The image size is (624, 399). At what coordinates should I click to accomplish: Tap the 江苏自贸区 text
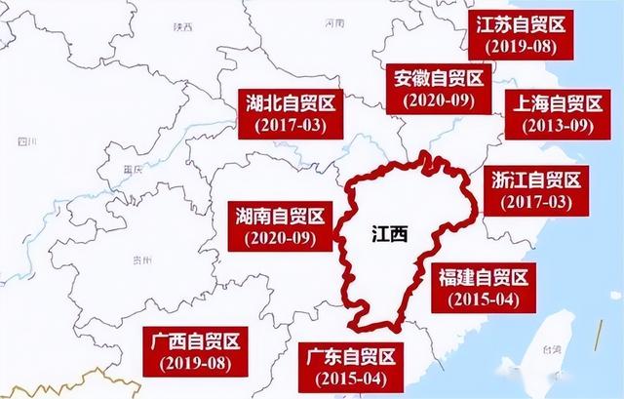[522, 23]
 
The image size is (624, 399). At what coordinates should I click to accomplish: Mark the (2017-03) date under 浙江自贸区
[532, 202]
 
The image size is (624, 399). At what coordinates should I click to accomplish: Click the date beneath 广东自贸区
[348, 378]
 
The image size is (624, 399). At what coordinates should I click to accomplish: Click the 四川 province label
[25, 143]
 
